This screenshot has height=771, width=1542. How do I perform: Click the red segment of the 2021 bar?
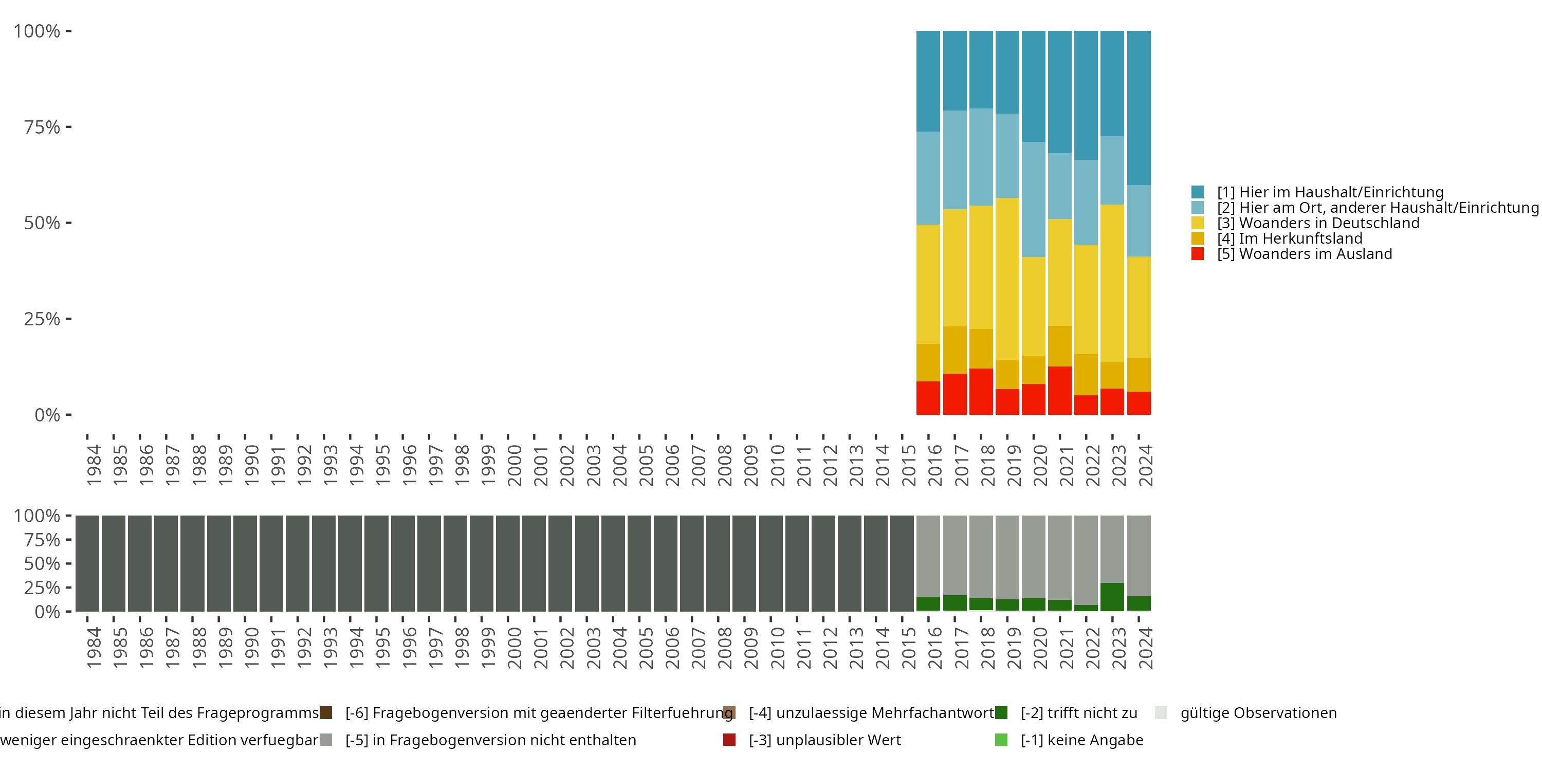(1059, 390)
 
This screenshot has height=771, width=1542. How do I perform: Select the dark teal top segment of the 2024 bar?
(1139, 108)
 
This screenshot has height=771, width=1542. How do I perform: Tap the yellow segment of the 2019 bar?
(1007, 279)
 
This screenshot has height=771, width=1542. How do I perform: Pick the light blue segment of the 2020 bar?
(1033, 199)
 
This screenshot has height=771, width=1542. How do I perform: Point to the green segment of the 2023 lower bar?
(1112, 597)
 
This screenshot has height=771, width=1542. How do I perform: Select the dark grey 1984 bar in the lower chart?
(87, 563)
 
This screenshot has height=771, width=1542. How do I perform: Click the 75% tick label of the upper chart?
(42, 127)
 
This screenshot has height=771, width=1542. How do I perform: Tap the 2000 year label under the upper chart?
(514, 466)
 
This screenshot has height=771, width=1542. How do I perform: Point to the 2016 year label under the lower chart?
(935, 648)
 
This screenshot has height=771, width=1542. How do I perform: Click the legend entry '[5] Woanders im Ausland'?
(1305, 254)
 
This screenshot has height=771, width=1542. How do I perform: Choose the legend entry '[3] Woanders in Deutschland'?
(1318, 223)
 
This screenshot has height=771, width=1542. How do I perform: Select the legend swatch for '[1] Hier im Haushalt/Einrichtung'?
(1197, 192)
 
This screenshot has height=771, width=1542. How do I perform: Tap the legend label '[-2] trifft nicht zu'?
(1079, 713)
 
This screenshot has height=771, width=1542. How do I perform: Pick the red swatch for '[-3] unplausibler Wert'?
(729, 740)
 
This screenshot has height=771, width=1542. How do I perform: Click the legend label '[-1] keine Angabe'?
(1081, 740)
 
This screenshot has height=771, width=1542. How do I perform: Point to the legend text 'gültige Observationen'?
(1258, 713)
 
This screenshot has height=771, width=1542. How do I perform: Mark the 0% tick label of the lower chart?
(47, 612)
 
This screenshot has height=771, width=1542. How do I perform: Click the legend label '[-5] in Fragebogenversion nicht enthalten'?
(490, 740)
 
